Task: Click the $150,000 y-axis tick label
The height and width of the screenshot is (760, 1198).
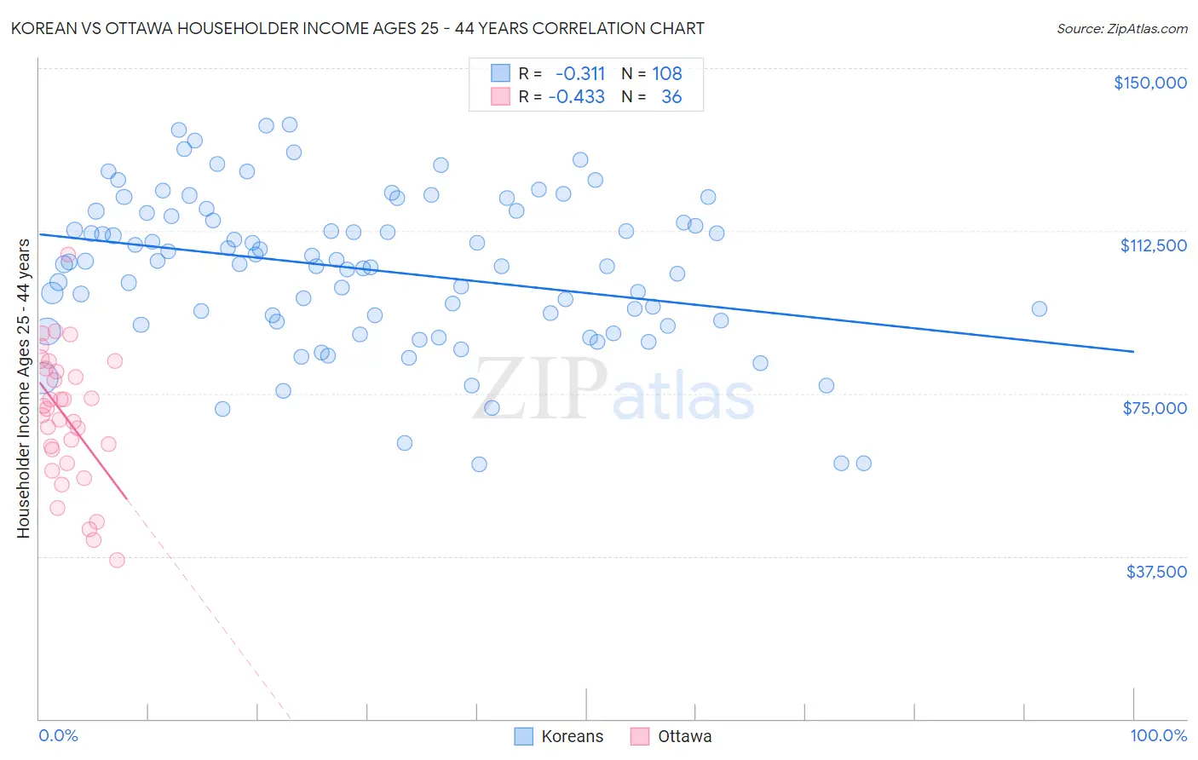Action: click(x=1149, y=83)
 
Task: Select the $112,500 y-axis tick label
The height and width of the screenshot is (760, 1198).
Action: click(x=1153, y=245)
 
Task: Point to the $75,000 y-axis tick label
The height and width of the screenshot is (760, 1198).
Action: click(x=1155, y=408)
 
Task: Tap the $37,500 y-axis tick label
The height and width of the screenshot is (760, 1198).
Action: click(x=1155, y=572)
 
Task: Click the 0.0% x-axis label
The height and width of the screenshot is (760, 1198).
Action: click(x=58, y=735)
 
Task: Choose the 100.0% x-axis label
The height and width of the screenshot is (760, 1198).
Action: click(x=1158, y=735)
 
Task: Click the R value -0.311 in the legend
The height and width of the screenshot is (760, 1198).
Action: click(x=579, y=73)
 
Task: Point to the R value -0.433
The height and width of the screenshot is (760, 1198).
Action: click(x=577, y=97)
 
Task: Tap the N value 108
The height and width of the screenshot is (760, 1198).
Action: click(x=667, y=73)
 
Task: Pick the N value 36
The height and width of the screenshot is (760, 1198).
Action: click(x=671, y=97)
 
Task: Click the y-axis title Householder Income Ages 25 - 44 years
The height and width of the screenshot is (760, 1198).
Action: click(x=23, y=389)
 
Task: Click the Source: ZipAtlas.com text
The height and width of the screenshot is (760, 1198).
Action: click(x=1121, y=29)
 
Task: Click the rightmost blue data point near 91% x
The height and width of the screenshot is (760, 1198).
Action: click(x=1039, y=309)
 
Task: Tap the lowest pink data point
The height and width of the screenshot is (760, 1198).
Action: click(x=117, y=560)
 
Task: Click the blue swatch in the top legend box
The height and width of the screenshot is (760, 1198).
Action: click(x=500, y=73)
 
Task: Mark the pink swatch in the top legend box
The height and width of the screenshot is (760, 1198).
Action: click(x=500, y=97)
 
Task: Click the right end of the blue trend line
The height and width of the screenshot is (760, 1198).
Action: click(x=1133, y=351)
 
